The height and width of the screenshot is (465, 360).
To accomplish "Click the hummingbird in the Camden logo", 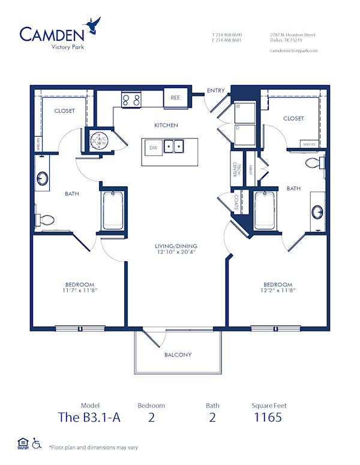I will [x=93, y=26].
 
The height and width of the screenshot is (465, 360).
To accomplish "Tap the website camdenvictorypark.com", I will [x=293, y=51].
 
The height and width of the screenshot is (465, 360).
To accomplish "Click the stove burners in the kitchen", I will [x=131, y=100].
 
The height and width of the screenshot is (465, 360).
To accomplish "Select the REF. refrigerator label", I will [x=175, y=97].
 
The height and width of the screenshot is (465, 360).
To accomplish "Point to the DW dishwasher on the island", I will [x=153, y=147].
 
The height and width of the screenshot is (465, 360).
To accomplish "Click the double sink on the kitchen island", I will [x=175, y=146].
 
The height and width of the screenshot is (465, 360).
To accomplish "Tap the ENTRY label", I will [x=215, y=90].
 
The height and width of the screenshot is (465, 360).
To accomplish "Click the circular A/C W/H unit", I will [x=98, y=140].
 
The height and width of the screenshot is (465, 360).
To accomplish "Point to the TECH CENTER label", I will [x=237, y=170].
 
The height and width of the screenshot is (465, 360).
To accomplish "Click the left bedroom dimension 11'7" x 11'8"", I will [x=80, y=291].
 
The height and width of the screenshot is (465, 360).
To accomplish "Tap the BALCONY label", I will [x=178, y=355].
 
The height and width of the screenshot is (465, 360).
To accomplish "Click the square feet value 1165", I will [x=267, y=418].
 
